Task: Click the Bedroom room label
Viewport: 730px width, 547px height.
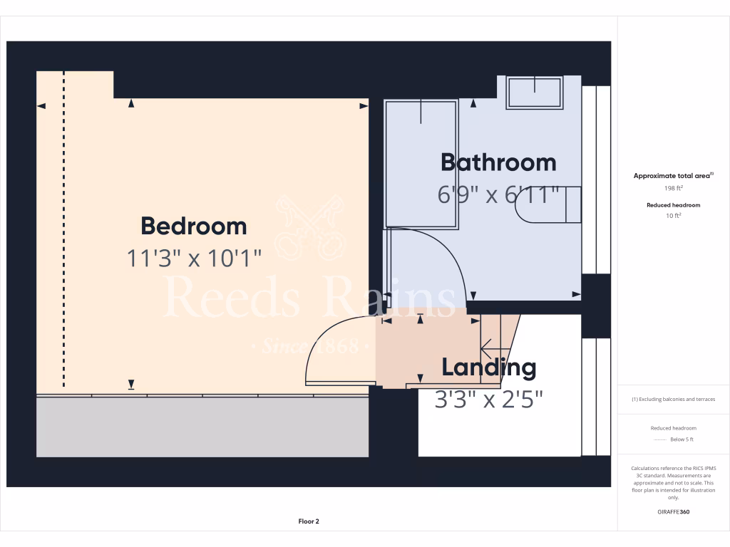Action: (x=193, y=226)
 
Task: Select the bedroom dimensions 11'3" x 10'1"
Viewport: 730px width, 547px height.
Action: (x=194, y=257)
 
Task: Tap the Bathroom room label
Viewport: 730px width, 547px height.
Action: (x=498, y=162)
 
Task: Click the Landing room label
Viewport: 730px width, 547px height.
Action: (x=488, y=368)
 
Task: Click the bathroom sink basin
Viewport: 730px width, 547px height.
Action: (x=534, y=93)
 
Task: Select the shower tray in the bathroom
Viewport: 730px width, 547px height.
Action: (x=421, y=165)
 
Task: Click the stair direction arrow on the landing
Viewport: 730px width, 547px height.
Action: (x=491, y=349)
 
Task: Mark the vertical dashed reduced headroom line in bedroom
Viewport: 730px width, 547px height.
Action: (x=64, y=228)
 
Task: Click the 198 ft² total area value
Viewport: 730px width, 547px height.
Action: (x=674, y=189)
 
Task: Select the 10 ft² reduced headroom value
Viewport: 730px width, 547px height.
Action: (x=674, y=215)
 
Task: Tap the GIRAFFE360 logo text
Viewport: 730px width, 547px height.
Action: (x=674, y=511)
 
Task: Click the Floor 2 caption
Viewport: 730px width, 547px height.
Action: (x=309, y=521)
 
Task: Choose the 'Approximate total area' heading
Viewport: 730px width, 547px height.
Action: (x=672, y=176)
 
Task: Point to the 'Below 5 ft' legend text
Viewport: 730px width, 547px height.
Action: (x=680, y=439)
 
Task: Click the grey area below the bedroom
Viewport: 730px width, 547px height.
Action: (x=202, y=427)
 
